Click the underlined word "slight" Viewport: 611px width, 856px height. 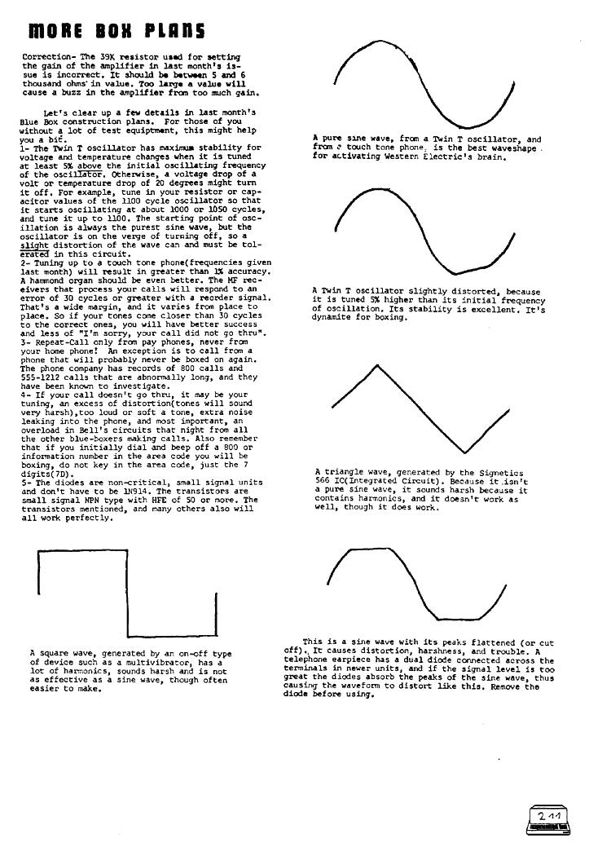coord(34,245)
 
